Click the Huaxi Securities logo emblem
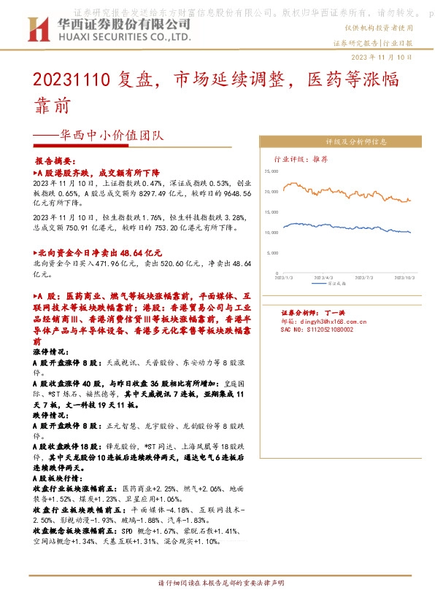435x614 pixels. [x=37, y=30]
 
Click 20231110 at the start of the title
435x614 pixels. [x=72, y=79]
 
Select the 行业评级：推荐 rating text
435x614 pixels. [x=301, y=158]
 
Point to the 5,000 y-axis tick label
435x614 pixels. [x=273, y=253]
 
